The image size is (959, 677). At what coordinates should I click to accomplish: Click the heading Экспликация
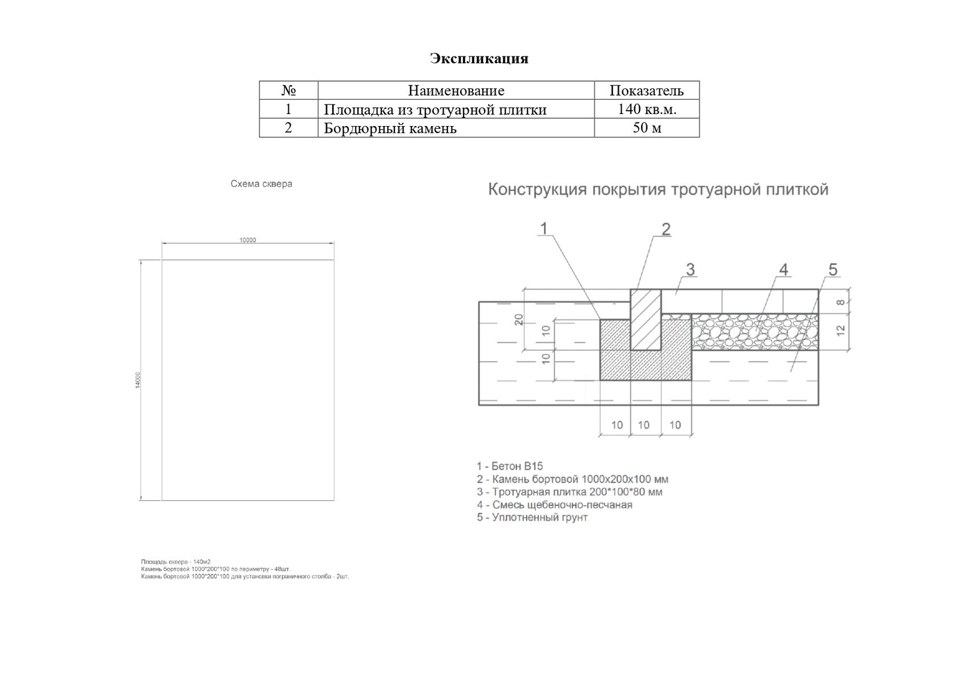(x=479, y=58)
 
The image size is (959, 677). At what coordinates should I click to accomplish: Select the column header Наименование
(x=456, y=90)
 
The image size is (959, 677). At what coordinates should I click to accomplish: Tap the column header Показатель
(x=646, y=90)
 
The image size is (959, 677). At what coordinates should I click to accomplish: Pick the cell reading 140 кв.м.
(x=646, y=109)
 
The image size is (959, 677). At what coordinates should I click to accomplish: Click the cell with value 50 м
(x=647, y=127)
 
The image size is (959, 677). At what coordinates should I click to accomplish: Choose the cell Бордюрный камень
(x=390, y=128)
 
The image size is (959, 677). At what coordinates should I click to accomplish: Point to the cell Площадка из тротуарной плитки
(x=435, y=110)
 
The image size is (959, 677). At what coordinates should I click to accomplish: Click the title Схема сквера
(x=261, y=184)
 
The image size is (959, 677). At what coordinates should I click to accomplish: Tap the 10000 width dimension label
(x=248, y=240)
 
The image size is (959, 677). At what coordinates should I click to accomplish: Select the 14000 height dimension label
(x=138, y=380)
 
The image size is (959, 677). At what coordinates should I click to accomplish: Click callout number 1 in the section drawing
(x=543, y=228)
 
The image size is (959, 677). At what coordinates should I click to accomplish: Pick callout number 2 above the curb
(x=666, y=229)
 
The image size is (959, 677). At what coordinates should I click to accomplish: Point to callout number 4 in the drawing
(x=783, y=269)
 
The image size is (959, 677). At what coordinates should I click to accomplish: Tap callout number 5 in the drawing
(x=832, y=269)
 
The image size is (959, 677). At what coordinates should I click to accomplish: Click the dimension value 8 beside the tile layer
(x=840, y=302)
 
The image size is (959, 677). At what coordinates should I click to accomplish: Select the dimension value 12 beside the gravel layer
(x=840, y=330)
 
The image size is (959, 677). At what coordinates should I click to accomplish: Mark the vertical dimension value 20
(x=519, y=319)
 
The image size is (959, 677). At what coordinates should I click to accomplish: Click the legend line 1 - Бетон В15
(x=510, y=466)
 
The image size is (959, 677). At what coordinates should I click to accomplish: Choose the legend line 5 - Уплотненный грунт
(x=532, y=517)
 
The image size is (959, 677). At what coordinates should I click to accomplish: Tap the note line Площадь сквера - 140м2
(x=176, y=562)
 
